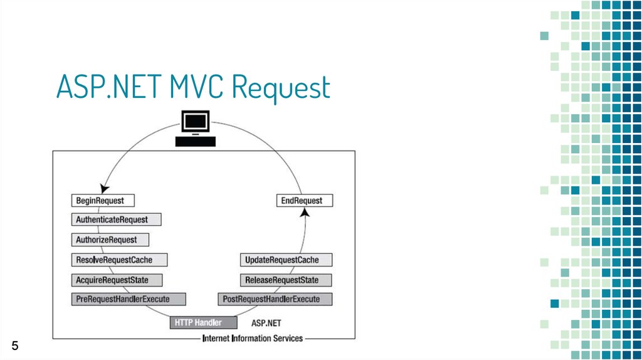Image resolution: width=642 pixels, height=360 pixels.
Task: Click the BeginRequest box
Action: (103, 201)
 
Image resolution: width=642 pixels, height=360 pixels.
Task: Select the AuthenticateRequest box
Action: (116, 220)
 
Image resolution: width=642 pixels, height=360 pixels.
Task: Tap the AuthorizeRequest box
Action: (110, 240)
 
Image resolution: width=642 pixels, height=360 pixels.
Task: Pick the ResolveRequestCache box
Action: (119, 260)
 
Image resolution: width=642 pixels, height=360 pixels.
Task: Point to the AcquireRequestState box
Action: (117, 280)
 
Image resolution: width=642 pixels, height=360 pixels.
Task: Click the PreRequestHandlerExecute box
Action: (129, 299)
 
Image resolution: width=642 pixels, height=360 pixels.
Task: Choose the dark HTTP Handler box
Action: (204, 323)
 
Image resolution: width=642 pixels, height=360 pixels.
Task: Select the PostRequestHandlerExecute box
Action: (275, 299)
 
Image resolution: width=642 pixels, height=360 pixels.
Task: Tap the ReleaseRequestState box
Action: (286, 280)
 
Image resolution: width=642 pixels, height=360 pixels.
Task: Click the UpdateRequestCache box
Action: (286, 260)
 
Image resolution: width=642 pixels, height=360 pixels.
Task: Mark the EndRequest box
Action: (305, 201)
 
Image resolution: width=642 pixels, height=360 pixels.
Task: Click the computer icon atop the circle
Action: (196, 128)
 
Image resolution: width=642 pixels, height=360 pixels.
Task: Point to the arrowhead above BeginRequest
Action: (105, 188)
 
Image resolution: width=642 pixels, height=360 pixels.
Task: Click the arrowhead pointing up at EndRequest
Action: (305, 212)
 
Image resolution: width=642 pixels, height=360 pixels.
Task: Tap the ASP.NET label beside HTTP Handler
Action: (266, 323)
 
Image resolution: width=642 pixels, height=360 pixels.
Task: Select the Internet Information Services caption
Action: (253, 338)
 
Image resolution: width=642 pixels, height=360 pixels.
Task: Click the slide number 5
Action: (15, 346)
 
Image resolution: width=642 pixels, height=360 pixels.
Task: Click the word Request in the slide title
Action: (282, 88)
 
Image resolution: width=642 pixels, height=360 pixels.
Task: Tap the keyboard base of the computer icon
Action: (196, 142)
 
